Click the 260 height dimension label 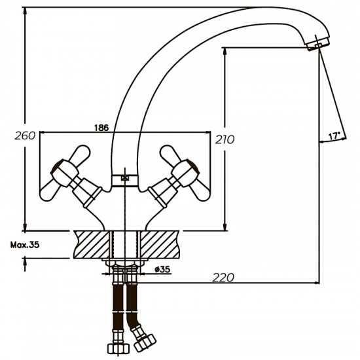pyautogui.click(x=25, y=137)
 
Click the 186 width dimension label pyautogui.click(x=120, y=127)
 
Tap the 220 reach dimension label pyautogui.click(x=224, y=278)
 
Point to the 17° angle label pyautogui.click(x=334, y=136)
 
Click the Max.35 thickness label pyautogui.click(x=24, y=245)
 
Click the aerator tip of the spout pyautogui.click(x=317, y=44)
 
